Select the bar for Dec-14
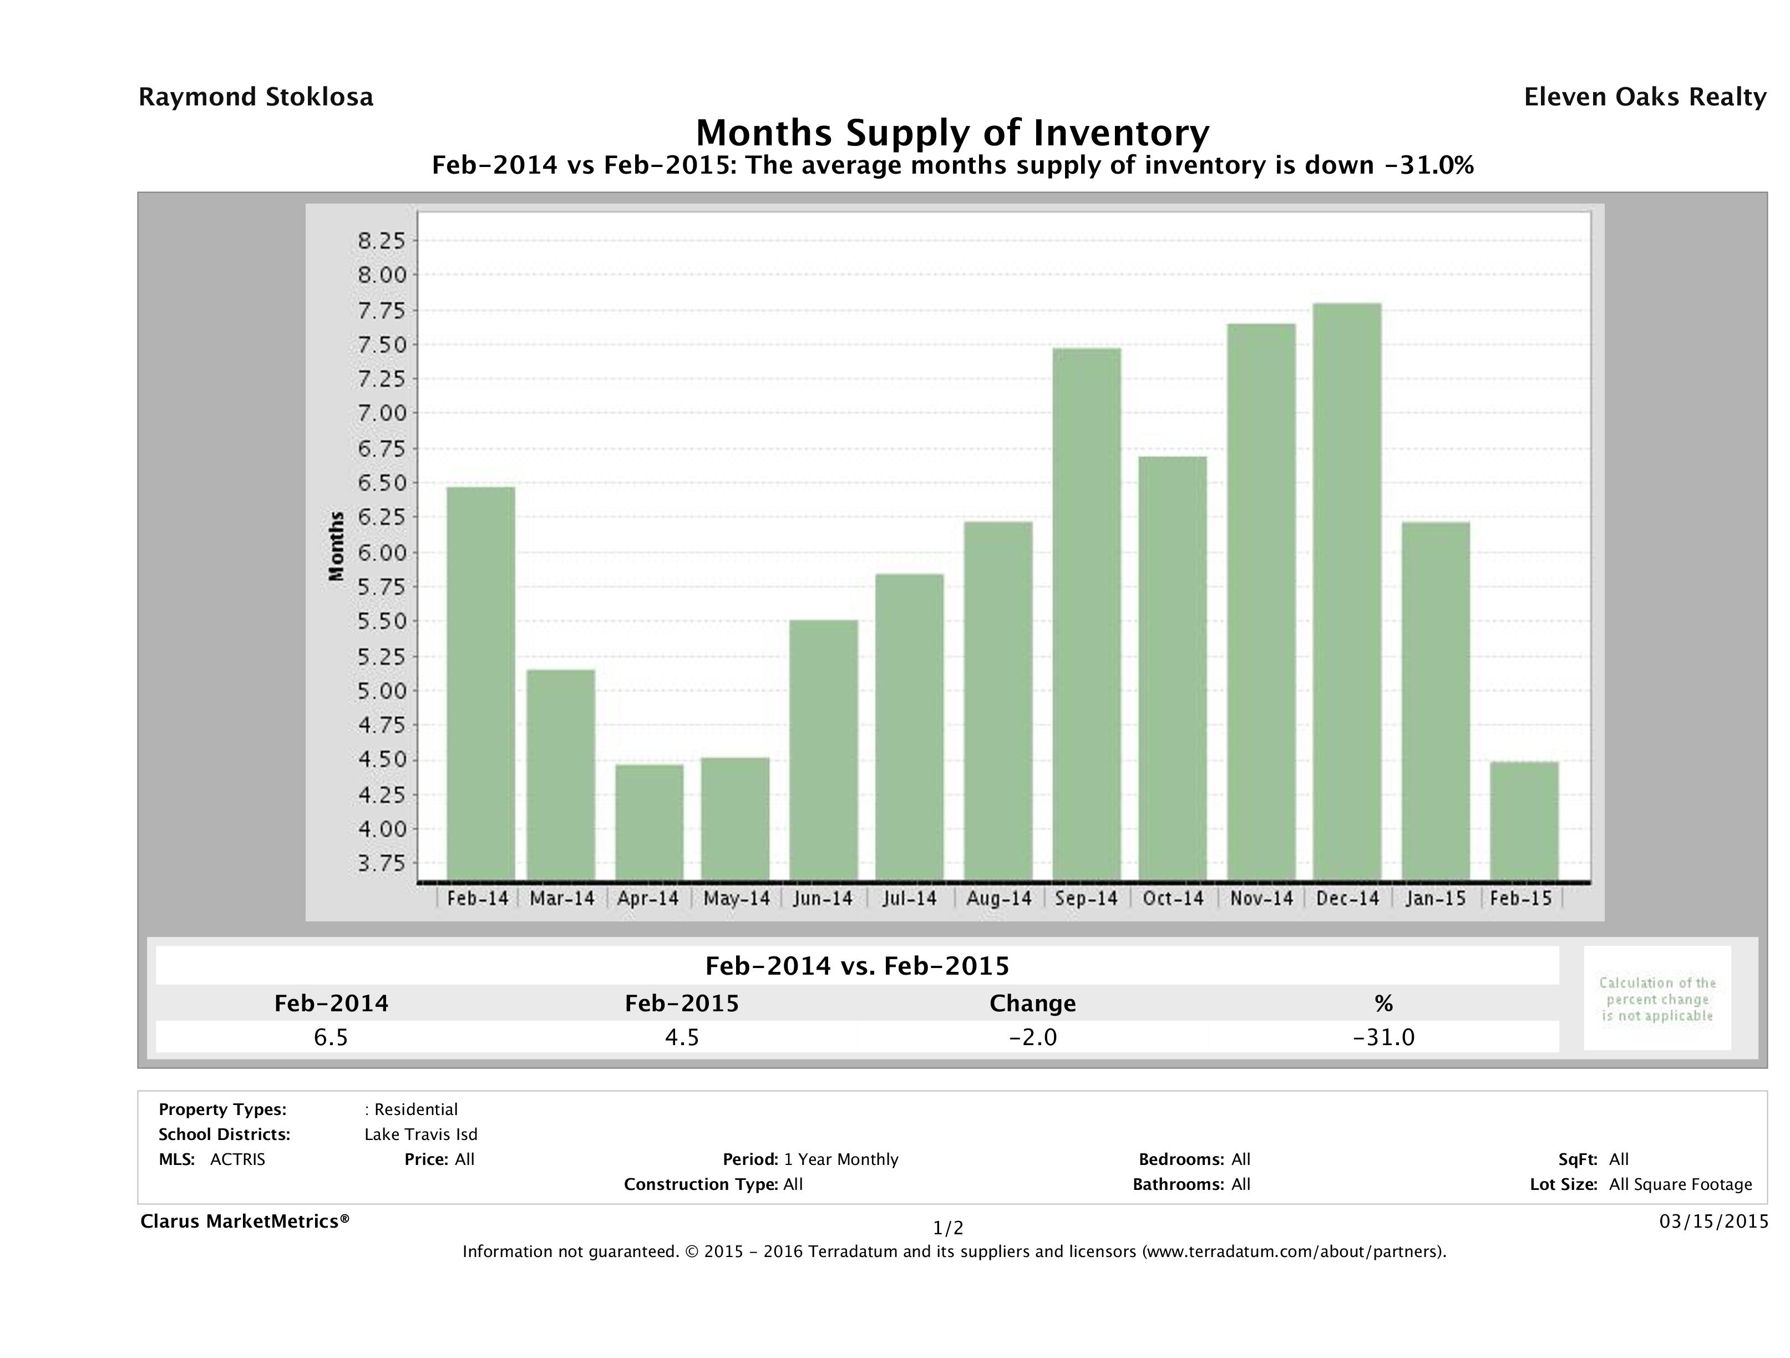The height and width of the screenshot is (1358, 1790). (1347, 591)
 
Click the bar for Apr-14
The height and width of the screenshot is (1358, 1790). (649, 822)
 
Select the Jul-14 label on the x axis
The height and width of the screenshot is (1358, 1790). (910, 898)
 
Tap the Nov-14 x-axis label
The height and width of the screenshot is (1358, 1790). (1261, 898)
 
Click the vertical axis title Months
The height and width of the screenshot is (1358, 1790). (337, 546)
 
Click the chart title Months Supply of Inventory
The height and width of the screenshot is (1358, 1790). (952, 133)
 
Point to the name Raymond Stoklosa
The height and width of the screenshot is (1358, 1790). (256, 97)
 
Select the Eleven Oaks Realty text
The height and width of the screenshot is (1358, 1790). (1644, 97)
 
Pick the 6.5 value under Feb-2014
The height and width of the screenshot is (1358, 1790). (331, 1037)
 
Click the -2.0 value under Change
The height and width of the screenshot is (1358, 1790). (1033, 1037)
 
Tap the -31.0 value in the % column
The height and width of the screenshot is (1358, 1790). (1384, 1037)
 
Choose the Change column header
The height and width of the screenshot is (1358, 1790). (1033, 1004)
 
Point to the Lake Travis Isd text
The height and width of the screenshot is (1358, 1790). (421, 1134)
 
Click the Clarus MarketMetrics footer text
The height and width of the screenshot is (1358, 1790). (245, 1221)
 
